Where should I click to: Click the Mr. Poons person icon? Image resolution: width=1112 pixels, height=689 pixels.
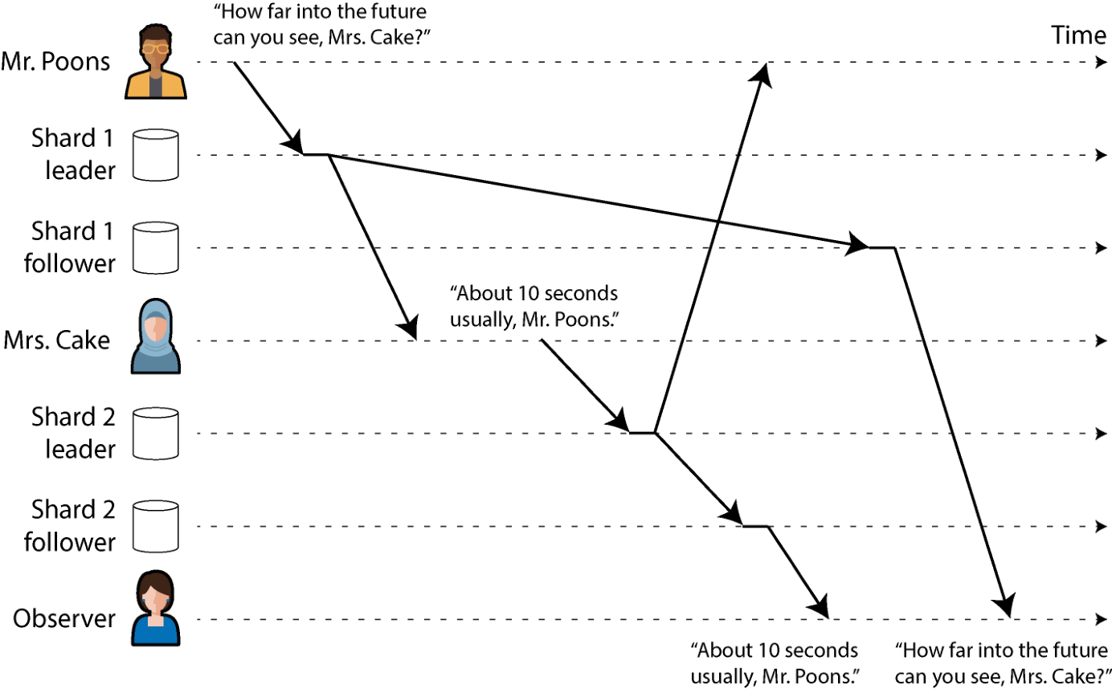(x=155, y=62)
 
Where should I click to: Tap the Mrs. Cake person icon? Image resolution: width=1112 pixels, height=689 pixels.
(x=155, y=336)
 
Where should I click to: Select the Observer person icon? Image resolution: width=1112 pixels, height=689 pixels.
(x=155, y=608)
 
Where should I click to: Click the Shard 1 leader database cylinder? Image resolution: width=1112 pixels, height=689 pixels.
(x=155, y=155)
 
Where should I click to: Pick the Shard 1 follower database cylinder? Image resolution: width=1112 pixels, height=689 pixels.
(x=155, y=247)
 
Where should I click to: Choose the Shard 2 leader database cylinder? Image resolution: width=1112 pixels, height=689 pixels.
(x=155, y=434)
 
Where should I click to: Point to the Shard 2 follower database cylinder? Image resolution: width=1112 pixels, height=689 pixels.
(x=155, y=526)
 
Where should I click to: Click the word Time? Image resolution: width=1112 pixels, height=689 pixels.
(x=1078, y=35)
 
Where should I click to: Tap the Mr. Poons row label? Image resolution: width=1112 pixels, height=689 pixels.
(x=55, y=62)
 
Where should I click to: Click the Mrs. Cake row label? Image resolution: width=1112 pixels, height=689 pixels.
(x=56, y=340)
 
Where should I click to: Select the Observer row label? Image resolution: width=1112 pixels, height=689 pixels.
(x=64, y=618)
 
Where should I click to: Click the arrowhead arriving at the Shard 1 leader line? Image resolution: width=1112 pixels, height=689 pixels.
(x=293, y=143)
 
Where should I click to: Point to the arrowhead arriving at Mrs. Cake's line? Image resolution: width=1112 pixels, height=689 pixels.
(x=408, y=328)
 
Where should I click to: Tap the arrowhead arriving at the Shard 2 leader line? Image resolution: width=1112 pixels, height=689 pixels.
(x=619, y=421)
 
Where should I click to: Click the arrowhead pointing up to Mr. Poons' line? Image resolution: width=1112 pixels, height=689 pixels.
(x=762, y=75)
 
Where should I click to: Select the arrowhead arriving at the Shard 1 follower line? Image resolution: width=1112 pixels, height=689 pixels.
(x=856, y=244)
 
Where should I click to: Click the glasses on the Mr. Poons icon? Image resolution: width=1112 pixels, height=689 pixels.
(x=155, y=49)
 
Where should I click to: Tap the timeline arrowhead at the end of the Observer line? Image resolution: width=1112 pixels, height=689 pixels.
(x=1101, y=619)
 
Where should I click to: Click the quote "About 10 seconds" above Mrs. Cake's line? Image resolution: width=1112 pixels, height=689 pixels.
(x=534, y=294)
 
